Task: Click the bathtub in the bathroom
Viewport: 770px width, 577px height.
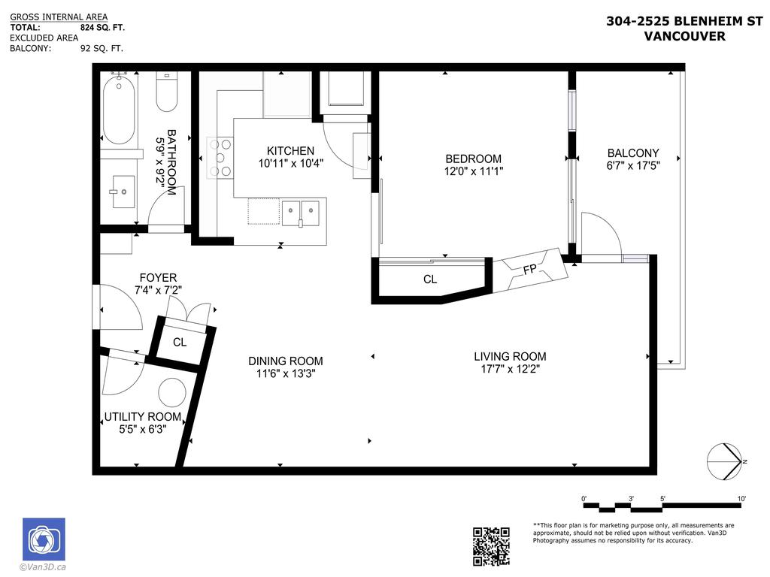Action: (x=119, y=110)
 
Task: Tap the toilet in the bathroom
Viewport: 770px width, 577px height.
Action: (x=165, y=92)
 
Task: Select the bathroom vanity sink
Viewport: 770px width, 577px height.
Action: (x=120, y=192)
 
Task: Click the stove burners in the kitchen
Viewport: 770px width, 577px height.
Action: (x=220, y=156)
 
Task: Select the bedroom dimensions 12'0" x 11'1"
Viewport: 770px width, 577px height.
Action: (x=473, y=171)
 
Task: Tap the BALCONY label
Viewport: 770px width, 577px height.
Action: (x=633, y=153)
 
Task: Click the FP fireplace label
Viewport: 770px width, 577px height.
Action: (x=529, y=270)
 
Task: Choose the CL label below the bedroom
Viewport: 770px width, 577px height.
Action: (x=430, y=279)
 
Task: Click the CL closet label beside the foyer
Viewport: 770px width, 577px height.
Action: (x=180, y=343)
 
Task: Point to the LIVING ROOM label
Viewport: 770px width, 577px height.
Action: (x=510, y=356)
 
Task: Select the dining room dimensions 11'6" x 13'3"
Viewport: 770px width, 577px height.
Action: (x=286, y=373)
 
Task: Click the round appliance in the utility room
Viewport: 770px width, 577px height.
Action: (x=172, y=392)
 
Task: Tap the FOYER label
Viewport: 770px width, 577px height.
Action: (x=158, y=277)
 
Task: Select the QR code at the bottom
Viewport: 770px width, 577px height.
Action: (x=491, y=546)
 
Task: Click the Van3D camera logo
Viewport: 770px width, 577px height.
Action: (x=44, y=539)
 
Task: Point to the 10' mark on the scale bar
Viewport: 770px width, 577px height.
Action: (x=741, y=499)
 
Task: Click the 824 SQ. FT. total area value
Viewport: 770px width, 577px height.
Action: (x=102, y=27)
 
